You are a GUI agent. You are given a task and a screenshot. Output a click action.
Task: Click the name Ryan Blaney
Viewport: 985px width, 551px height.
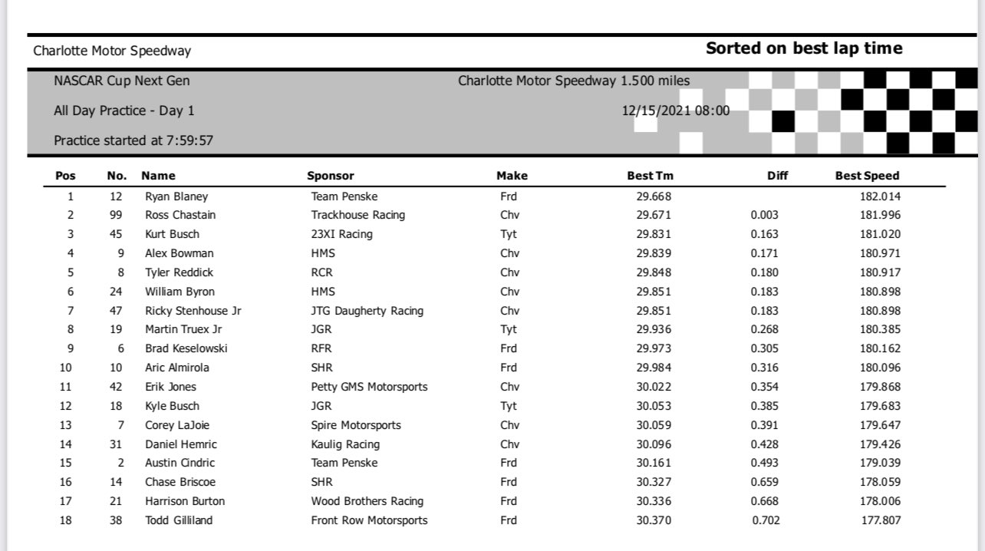coord(176,196)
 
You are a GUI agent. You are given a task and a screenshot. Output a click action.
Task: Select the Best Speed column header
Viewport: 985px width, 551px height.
coord(867,176)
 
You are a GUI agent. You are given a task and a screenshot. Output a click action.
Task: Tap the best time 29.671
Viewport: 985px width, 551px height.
coord(654,215)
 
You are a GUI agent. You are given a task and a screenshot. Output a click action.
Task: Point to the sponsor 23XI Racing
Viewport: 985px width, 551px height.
coord(341,234)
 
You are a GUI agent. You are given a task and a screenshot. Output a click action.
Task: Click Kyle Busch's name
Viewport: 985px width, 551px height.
coord(172,406)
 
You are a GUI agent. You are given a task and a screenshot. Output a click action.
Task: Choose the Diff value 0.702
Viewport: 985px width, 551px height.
coord(764,520)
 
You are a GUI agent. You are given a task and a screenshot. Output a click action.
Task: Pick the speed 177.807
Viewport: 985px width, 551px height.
coord(880,520)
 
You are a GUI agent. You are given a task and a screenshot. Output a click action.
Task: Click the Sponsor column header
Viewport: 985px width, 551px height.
coord(331,176)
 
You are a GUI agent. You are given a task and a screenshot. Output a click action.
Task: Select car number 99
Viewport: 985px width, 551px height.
coord(116,215)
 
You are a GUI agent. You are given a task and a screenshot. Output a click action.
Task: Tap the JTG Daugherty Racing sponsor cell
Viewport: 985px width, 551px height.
coord(367,311)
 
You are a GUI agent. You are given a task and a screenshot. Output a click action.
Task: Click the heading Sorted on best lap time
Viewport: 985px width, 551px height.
coord(804,49)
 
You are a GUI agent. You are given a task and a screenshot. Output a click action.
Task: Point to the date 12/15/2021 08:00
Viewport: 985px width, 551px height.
coord(676,111)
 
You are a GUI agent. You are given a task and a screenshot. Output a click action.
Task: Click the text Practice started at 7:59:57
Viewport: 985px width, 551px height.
coord(133,140)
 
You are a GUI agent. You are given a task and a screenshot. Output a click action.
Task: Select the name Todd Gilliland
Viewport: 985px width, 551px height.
coord(179,520)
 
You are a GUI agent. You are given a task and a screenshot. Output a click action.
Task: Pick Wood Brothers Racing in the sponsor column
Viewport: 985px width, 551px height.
coord(367,501)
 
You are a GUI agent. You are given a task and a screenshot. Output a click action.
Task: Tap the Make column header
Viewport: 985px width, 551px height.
coord(512,176)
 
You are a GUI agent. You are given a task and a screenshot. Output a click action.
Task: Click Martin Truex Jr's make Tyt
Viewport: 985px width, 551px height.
coord(509,329)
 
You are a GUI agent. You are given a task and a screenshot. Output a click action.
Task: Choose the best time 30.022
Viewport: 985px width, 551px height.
coord(654,387)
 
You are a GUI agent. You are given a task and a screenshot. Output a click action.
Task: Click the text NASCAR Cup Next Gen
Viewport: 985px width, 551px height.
coord(122,81)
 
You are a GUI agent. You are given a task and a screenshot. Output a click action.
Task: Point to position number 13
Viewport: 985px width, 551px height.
coord(71,425)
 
